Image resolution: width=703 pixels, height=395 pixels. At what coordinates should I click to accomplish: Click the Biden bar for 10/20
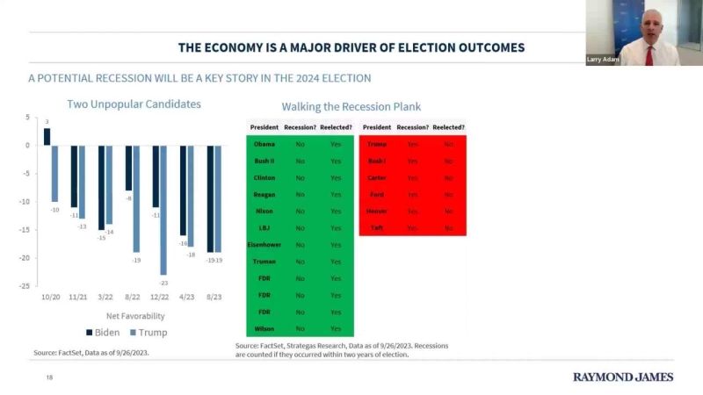pyautogui.click(x=47, y=136)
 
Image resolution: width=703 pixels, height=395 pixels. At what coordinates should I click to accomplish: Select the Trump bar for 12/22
pyautogui.click(x=163, y=210)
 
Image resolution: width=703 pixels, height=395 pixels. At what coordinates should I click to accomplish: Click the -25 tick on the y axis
pyautogui.click(x=26, y=286)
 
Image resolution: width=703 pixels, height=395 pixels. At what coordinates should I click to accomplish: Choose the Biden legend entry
pyautogui.click(x=102, y=333)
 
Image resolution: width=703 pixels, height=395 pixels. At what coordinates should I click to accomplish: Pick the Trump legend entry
pyautogui.click(x=147, y=333)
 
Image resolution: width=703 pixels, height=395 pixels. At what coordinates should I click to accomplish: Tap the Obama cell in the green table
pyautogui.click(x=265, y=144)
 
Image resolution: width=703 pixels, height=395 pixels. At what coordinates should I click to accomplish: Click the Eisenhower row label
pyautogui.click(x=265, y=245)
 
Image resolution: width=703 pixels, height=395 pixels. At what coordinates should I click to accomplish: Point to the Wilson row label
pyautogui.click(x=265, y=328)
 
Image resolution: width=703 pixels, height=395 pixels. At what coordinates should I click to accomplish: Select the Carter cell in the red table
pyautogui.click(x=376, y=177)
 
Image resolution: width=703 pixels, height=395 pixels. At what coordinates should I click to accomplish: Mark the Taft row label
pyautogui.click(x=376, y=227)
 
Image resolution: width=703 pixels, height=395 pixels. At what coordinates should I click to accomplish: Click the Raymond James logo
pyautogui.click(x=623, y=377)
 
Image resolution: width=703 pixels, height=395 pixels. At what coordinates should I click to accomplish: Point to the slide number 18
pyautogui.click(x=50, y=377)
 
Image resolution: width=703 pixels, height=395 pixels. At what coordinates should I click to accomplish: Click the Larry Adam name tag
pyautogui.click(x=600, y=60)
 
